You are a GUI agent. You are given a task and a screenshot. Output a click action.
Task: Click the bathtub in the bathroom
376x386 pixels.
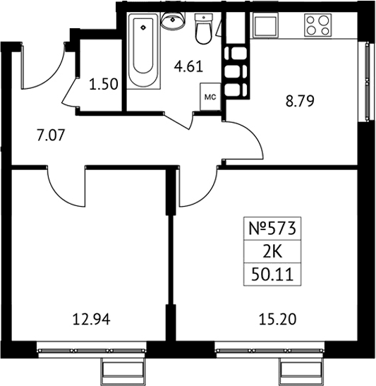point(143,51)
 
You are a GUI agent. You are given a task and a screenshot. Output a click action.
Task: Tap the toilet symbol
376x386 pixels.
point(203,29)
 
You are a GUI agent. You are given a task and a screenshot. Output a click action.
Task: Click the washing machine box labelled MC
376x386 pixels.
point(210,97)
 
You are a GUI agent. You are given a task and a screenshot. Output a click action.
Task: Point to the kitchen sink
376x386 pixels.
point(266,25)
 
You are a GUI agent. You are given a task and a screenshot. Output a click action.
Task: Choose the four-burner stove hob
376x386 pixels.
point(318,25)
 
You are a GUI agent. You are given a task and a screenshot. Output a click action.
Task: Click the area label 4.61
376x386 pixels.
point(188,67)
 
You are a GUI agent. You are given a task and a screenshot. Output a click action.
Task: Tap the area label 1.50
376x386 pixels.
point(104,85)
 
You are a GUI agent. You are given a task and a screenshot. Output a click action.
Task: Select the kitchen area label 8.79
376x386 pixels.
point(300,101)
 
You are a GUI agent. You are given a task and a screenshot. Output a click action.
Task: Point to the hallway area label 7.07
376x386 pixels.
point(51,135)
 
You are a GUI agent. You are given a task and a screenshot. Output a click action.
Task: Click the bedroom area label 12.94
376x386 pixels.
point(92,320)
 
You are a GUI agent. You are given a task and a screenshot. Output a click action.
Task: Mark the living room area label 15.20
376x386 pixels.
point(277,320)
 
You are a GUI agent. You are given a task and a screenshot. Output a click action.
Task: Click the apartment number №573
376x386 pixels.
point(272,229)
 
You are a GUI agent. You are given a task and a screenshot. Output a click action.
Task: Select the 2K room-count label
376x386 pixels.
point(272,252)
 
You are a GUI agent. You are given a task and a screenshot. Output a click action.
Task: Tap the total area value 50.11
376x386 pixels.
point(272,275)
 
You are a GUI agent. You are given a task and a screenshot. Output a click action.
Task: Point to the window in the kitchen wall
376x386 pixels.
point(367,82)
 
